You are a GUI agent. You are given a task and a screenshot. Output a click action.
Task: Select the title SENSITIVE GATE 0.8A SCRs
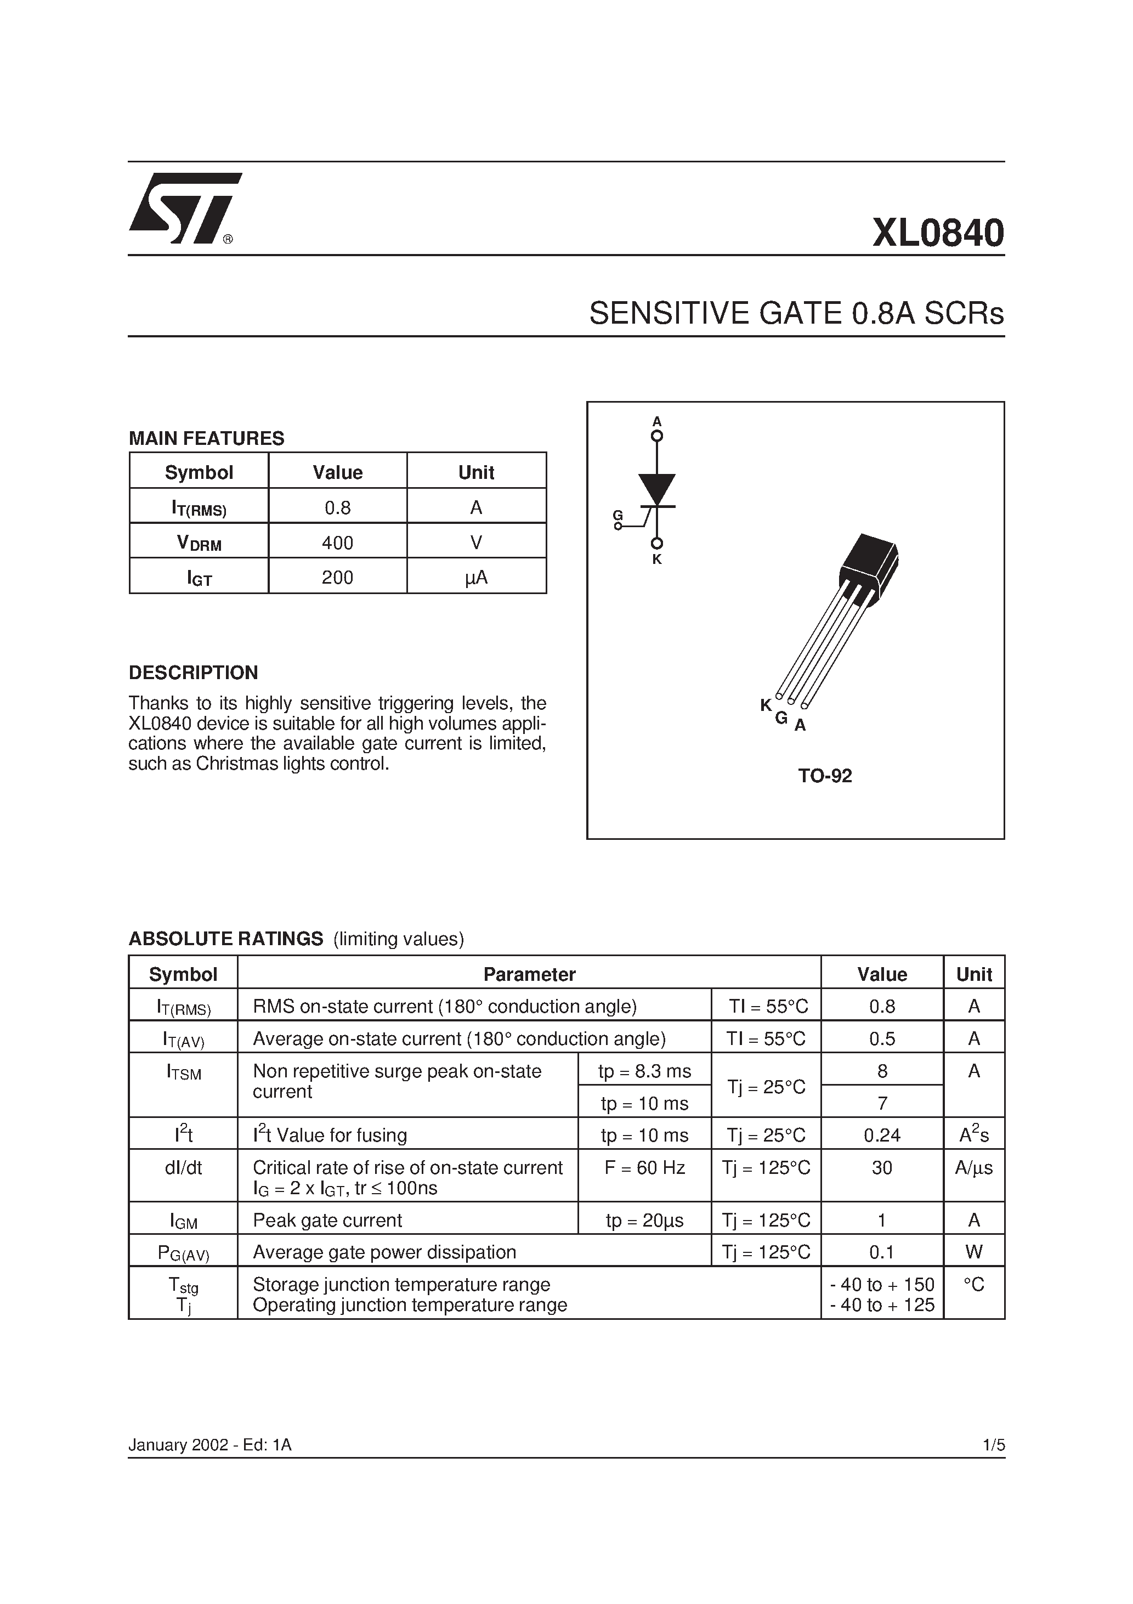[x=796, y=314]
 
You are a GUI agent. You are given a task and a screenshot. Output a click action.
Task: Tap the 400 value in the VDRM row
[x=337, y=543]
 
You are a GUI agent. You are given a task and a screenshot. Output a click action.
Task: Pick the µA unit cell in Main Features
[x=477, y=578]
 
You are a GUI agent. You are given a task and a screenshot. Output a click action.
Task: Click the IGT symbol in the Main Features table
[x=199, y=578]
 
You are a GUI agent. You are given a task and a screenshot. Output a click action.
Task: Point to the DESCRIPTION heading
[x=194, y=673]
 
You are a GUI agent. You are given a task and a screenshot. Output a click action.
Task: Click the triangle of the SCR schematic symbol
[x=656, y=488]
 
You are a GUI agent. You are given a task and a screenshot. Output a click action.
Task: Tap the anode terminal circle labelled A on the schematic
[x=656, y=437]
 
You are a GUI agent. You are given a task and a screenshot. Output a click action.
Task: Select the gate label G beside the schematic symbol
[x=618, y=516]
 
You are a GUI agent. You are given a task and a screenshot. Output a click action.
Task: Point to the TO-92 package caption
[x=825, y=776]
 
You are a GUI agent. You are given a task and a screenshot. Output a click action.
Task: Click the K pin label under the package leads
[x=766, y=705]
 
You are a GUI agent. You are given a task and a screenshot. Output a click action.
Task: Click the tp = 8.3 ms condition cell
[x=644, y=1071]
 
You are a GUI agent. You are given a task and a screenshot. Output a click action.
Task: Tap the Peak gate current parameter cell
[x=327, y=1221]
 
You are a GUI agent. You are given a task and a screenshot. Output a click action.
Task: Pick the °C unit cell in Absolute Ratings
[x=974, y=1285]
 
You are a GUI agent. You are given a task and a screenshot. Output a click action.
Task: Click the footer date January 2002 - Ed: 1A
[x=209, y=1445]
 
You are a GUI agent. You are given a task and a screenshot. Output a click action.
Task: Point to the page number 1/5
[x=993, y=1445]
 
